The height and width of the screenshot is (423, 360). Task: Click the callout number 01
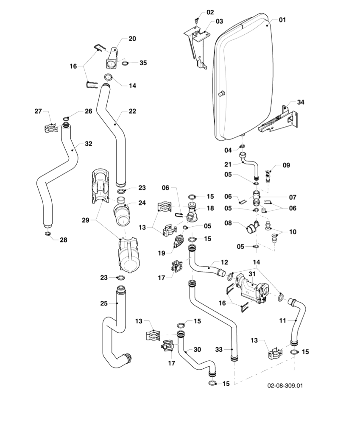pos(283,19)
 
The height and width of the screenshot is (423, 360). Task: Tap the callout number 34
pos(301,102)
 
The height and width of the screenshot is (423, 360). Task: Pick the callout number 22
pos(132,111)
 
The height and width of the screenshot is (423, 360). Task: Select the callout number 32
pos(88,144)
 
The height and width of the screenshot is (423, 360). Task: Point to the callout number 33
pos(219,349)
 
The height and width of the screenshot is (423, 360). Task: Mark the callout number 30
pos(197,350)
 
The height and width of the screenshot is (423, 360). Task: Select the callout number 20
pos(132,39)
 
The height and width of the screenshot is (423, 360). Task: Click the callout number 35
pos(143,63)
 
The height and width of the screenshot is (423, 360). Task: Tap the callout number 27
pos(38,111)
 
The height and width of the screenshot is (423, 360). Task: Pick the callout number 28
pos(63,240)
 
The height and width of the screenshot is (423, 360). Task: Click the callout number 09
pos(286,165)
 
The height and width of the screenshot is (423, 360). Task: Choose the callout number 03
pos(219,21)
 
